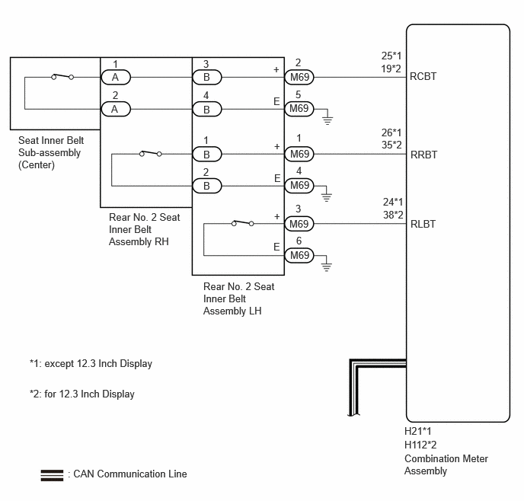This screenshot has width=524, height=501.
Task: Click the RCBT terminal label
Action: (x=423, y=76)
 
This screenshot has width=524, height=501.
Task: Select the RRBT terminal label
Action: (x=423, y=155)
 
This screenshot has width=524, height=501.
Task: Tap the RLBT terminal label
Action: (x=423, y=224)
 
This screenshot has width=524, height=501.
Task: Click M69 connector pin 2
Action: (x=299, y=77)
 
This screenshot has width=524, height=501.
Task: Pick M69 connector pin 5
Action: (x=299, y=109)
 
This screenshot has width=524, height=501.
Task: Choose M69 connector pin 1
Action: (x=299, y=155)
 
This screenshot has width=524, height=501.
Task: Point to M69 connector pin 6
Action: (x=299, y=256)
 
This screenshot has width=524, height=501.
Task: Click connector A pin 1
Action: (x=116, y=77)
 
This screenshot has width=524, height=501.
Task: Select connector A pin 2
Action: (x=116, y=109)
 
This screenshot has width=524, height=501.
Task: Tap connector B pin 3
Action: (x=207, y=77)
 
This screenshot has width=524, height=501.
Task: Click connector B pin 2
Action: (x=207, y=186)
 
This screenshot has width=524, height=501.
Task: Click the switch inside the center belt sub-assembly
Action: (x=62, y=76)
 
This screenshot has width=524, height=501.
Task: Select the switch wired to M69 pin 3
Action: (x=243, y=223)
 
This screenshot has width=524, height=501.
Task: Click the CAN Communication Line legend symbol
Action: (x=52, y=475)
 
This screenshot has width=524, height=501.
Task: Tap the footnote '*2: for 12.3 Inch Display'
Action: (x=82, y=394)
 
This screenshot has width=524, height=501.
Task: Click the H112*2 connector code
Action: (x=420, y=445)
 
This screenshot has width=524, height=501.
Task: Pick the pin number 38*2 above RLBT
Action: (x=393, y=215)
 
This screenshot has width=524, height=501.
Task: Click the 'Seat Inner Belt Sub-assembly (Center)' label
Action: (x=51, y=152)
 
